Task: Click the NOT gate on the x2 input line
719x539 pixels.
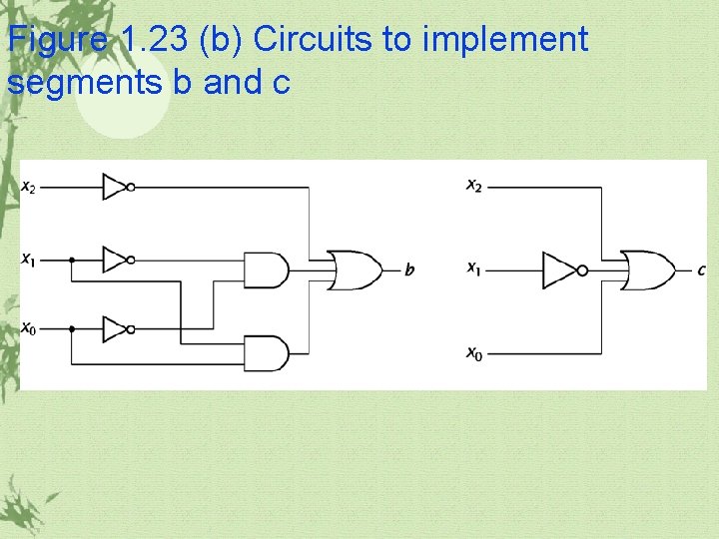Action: pos(116,187)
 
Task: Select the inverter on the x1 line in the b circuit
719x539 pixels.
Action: pos(116,260)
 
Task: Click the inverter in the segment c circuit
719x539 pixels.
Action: pos(559,269)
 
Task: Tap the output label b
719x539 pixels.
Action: pos(409,269)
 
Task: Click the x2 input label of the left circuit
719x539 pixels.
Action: pos(29,187)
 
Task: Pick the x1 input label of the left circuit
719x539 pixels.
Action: pos(29,260)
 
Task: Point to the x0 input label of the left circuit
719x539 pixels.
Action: pos(29,328)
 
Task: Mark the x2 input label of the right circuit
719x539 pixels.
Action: pos(474,186)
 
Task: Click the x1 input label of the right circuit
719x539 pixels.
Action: pos(474,269)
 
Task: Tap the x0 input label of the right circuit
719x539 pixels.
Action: pos(474,352)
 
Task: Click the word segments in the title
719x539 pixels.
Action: pos(85,82)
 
